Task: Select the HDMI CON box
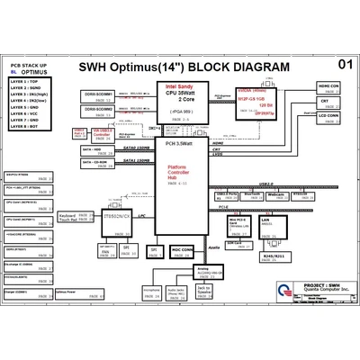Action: (328, 87)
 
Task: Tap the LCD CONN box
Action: (328, 117)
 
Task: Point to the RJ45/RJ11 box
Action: (271, 255)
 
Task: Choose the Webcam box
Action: (276, 193)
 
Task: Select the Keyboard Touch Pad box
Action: (75, 218)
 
